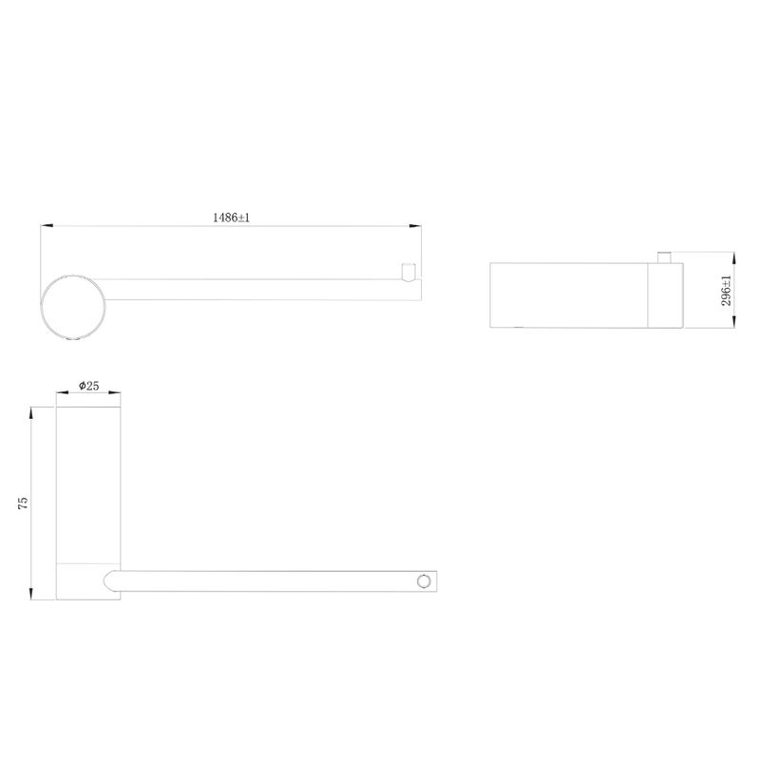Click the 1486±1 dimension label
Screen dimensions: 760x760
tap(231, 218)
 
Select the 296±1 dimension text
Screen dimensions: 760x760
tap(726, 291)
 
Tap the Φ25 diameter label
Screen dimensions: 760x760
tap(88, 386)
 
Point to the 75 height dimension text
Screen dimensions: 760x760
tap(23, 503)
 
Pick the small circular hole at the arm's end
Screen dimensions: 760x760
tap(424, 581)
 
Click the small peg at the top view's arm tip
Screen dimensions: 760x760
tap(409, 272)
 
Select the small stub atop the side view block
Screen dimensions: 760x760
tap(664, 257)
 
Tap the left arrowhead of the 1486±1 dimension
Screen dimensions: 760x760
tap(47, 225)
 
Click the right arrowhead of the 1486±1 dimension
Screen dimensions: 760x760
tap(415, 225)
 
